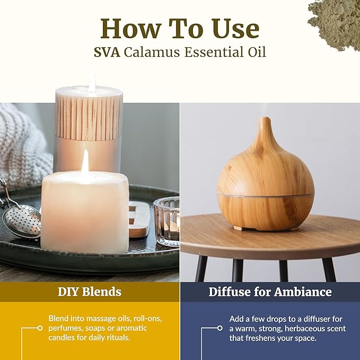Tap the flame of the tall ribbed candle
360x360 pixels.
coord(92,84)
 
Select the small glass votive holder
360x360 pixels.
coord(166,221)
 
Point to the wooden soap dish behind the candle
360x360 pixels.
coord(139,219)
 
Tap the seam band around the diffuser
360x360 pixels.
coord(266,196)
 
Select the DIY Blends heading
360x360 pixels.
coord(89,292)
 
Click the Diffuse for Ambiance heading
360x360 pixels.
coord(270,292)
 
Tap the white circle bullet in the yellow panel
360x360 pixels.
coord(40,328)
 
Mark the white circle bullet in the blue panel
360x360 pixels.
coord(220,328)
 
